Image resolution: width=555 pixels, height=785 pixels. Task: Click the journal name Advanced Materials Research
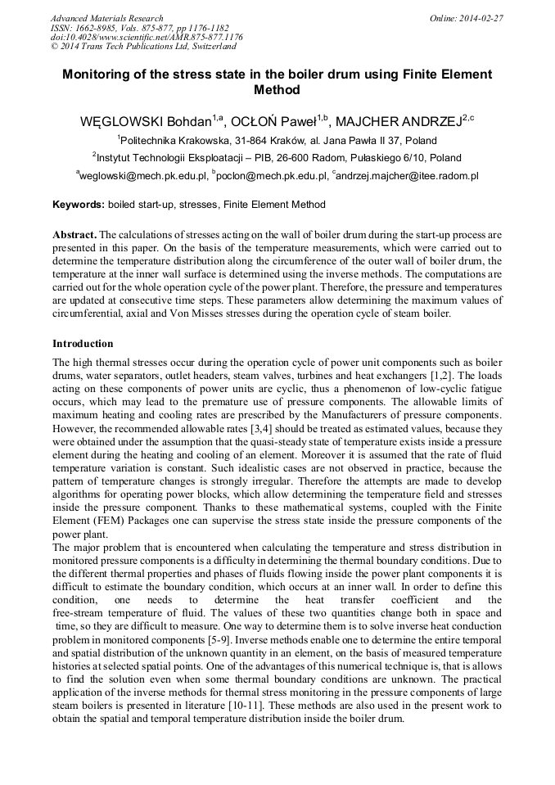tap(106, 18)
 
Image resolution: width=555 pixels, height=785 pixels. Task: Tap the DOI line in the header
tap(146, 38)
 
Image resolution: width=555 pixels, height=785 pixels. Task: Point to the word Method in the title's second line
tap(277, 90)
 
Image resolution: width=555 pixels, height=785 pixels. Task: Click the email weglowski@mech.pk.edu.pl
tap(142, 176)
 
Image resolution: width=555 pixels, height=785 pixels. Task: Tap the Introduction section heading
tap(83, 344)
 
